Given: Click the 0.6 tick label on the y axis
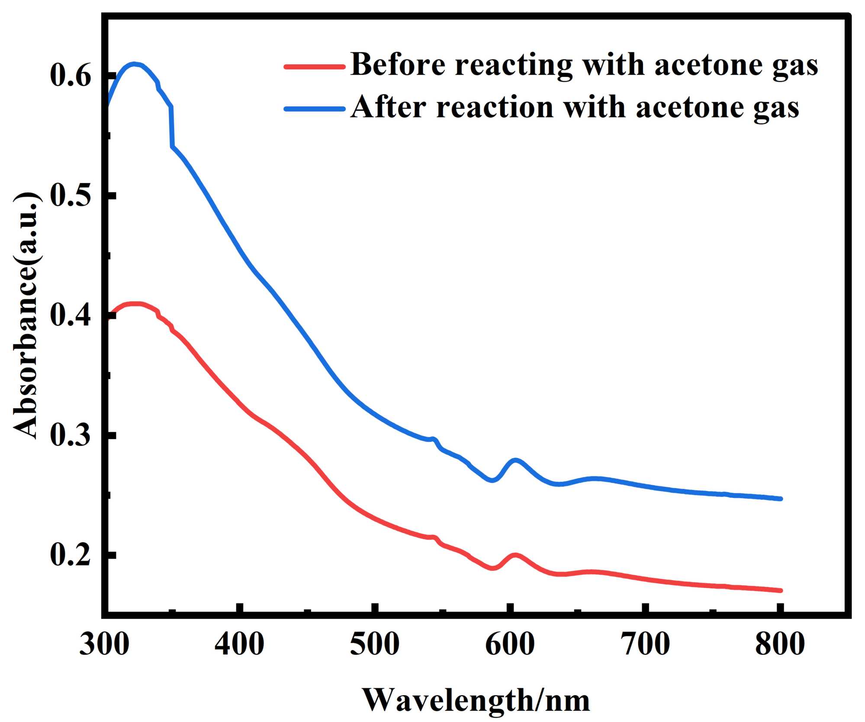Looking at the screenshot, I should pyautogui.click(x=71, y=76).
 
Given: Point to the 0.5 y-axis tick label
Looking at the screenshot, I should pyautogui.click(x=71, y=196).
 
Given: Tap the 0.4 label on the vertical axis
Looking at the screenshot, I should pyautogui.click(x=71, y=315).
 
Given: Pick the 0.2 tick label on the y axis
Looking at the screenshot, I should pyautogui.click(x=71, y=555).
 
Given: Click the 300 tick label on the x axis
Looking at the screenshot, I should pyautogui.click(x=104, y=644).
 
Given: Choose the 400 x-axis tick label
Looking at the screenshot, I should pyautogui.click(x=239, y=644).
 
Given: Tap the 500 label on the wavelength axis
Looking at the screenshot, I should pyautogui.click(x=374, y=644).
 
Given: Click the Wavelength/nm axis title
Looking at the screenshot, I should pyautogui.click(x=476, y=700).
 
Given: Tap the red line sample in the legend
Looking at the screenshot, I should pyautogui.click(x=315, y=67).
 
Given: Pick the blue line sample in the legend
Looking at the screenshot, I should pyautogui.click(x=315, y=109).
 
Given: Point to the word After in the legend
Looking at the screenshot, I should pyautogui.click(x=388, y=107).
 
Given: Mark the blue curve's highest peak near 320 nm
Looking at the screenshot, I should pyautogui.click(x=135, y=64).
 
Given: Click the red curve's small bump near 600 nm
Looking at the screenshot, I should pyautogui.click(x=515, y=555).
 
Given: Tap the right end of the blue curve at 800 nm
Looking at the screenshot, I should pyautogui.click(x=780, y=499).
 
